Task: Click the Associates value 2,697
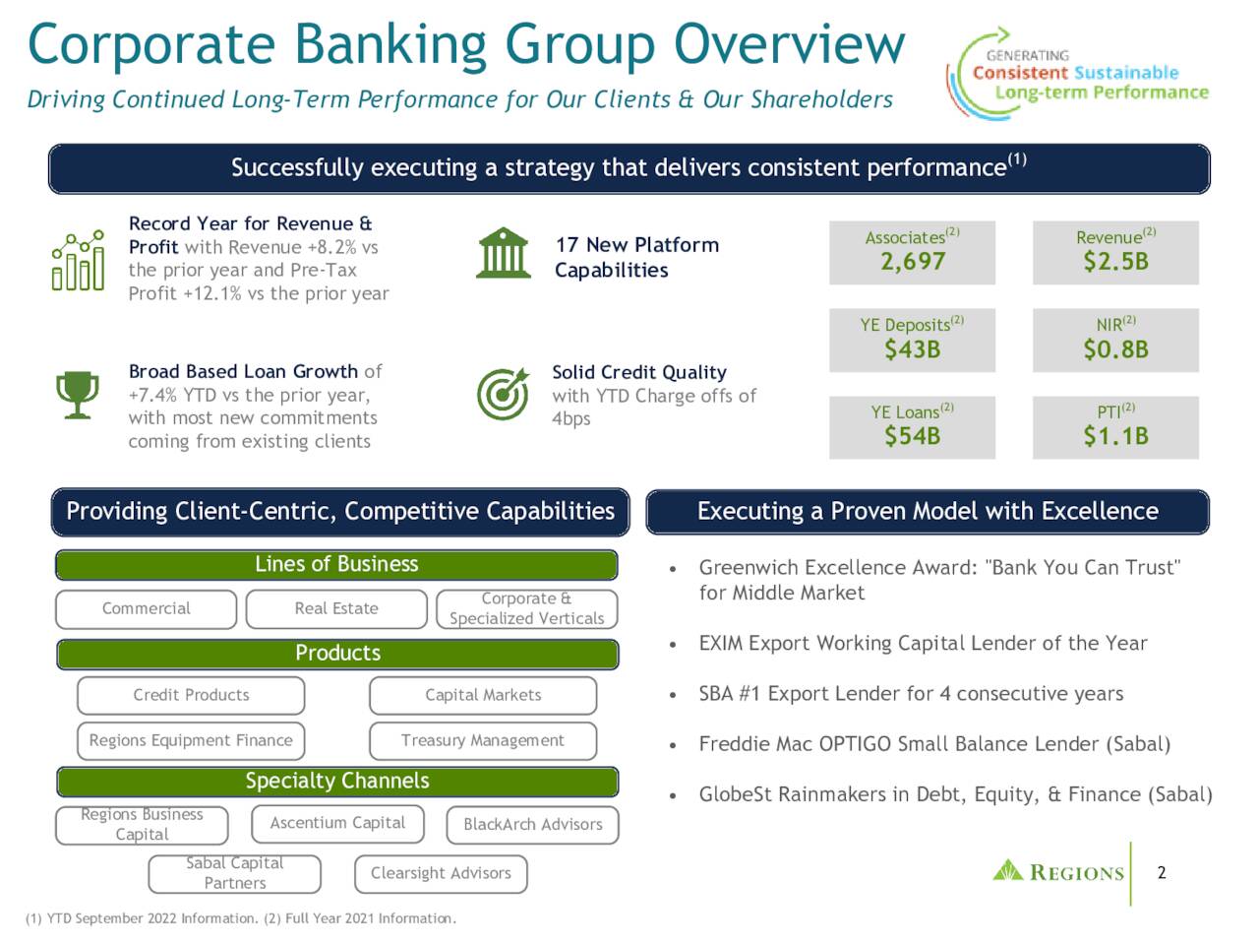point(912,262)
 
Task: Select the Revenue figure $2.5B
point(1115,262)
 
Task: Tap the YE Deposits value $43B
point(912,349)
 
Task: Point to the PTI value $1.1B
point(1115,436)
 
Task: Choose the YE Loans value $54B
point(912,436)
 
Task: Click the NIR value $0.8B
point(1115,349)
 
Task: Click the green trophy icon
point(77,395)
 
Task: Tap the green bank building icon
point(502,253)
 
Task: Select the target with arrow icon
point(502,394)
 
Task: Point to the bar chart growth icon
point(78,261)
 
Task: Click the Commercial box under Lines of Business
point(146,608)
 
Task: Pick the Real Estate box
point(336,608)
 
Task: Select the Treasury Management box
point(483,740)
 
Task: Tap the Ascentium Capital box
point(337,823)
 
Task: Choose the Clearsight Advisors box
point(441,873)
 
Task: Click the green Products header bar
point(337,654)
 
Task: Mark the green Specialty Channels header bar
point(337,782)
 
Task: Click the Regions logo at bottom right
point(1058,872)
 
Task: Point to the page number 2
point(1162,873)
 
